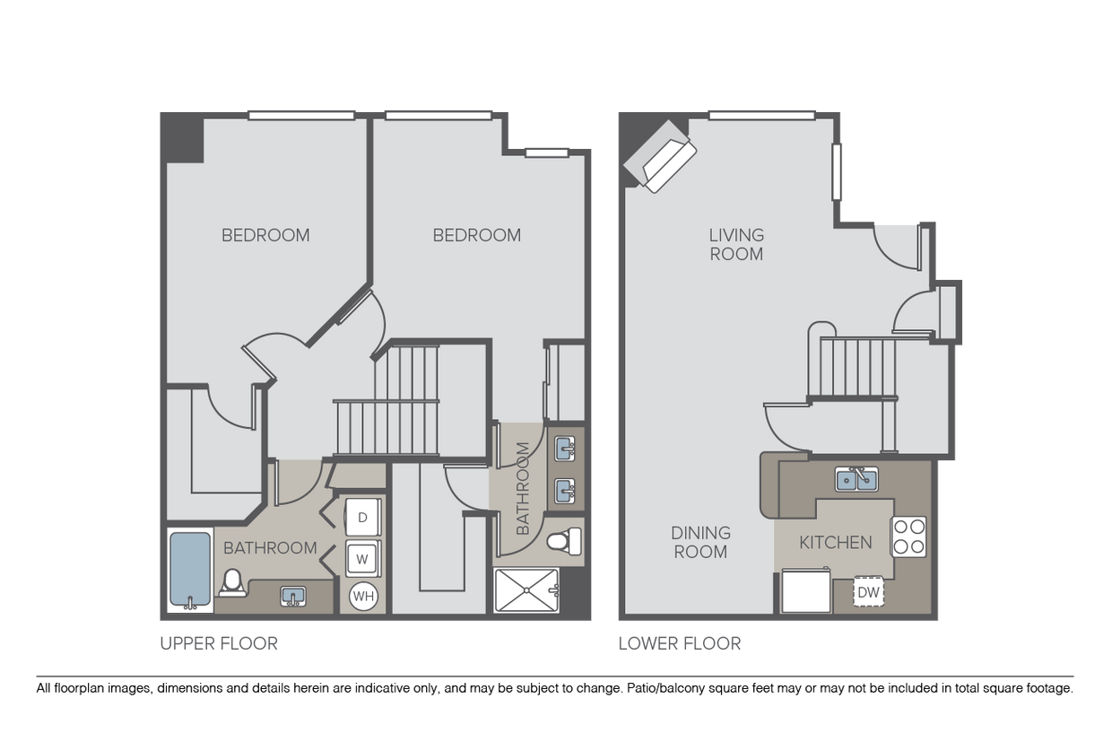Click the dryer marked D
(363, 517)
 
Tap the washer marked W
(363, 559)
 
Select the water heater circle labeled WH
(363, 596)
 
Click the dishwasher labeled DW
(868, 591)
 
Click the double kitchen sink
(856, 479)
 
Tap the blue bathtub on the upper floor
(190, 570)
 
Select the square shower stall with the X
(526, 590)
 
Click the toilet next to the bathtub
(232, 582)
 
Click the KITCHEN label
(836, 542)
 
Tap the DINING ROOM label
(700, 542)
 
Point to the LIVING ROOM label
(736, 244)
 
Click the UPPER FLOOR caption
(219, 643)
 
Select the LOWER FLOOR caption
(679, 643)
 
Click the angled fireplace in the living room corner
(659, 156)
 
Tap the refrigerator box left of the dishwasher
(806, 590)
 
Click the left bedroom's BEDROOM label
(265, 235)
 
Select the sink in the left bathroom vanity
(293, 596)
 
